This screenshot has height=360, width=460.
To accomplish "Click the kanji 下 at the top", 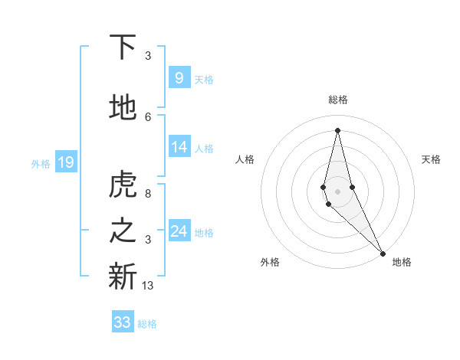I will pos(123,47).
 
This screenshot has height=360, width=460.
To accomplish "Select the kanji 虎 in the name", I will pos(123,185).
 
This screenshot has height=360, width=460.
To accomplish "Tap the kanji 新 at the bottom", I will pos(123,277).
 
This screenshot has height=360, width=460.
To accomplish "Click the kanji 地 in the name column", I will pos(123,108).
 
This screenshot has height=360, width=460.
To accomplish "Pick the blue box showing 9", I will pos(179,78).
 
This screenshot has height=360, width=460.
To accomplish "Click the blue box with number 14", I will pos(179,148).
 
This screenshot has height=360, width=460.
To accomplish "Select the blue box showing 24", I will pos(179,231).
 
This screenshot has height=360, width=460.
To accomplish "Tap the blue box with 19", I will pos(65,162).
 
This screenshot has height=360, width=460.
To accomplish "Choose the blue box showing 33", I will pos(123,322).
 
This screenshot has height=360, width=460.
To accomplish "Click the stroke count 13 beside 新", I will pos(148,286).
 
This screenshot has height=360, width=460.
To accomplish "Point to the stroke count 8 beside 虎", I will pos(148,195).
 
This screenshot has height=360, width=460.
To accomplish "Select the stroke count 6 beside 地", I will pos(148,116).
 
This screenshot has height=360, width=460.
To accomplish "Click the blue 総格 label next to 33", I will pos(147,324).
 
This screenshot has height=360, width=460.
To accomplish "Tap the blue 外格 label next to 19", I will pos(40,163).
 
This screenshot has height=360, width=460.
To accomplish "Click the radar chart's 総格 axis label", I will pos(338,100).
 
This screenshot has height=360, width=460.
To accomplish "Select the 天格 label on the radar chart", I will pos(431,159).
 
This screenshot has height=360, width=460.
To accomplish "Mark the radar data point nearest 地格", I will pos(383,252).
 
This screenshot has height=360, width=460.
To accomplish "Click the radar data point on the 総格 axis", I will pos(337,129).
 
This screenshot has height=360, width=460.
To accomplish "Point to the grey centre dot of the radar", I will pos(337,190).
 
